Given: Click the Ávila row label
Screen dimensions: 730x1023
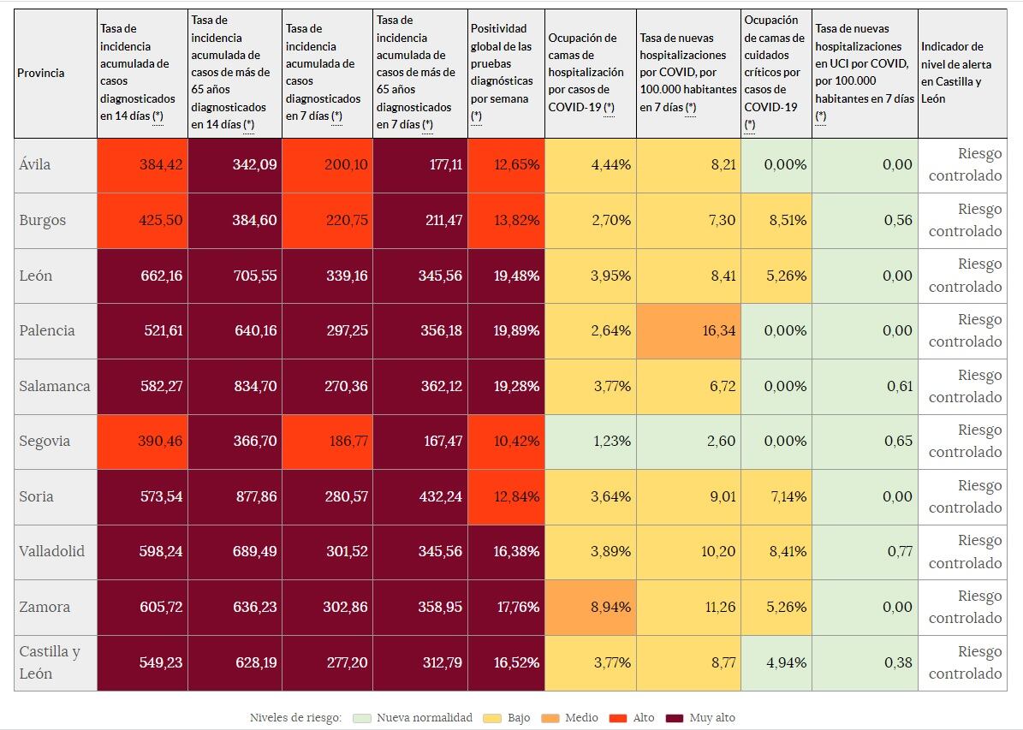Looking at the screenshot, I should coord(35,164).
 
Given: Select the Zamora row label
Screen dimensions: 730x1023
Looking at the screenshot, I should coord(45,607).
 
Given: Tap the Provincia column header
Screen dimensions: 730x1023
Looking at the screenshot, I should coord(41,73).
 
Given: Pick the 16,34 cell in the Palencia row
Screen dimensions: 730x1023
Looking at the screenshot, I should coord(718,330).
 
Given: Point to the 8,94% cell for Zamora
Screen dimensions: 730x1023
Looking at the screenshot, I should coord(610,607).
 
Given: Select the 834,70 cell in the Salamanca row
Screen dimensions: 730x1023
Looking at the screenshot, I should coord(255,386).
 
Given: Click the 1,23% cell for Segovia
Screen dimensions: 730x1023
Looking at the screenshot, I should coord(610,441).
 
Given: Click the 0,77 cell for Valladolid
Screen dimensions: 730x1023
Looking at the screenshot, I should coord(899,551).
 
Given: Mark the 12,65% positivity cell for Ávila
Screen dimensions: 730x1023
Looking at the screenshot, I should coord(516,164).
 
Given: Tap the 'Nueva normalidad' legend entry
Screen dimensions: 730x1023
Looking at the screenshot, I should coord(424,718).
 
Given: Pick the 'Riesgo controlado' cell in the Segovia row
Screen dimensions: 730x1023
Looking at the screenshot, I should coord(965,441).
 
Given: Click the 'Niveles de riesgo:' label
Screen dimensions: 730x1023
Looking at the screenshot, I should coord(295,718).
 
